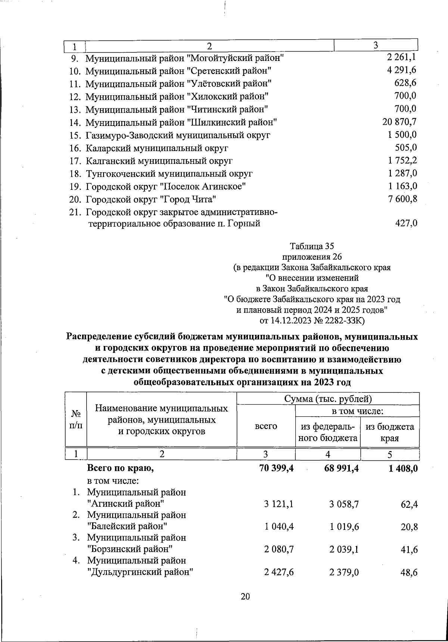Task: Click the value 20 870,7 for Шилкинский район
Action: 398,122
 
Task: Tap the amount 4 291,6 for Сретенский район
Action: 402,70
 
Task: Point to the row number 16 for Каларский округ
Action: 75,148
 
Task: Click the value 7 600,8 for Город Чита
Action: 402,199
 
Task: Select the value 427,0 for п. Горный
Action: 406,224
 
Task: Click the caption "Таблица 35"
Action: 312,246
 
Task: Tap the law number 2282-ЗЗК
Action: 342,321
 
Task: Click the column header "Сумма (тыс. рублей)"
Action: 328,399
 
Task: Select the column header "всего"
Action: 265,426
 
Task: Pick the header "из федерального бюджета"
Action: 328,432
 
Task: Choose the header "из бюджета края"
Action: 389,432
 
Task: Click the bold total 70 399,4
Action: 276,468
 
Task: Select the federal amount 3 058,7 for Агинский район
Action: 344,504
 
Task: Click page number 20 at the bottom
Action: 245,596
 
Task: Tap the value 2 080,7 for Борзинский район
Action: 279,549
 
